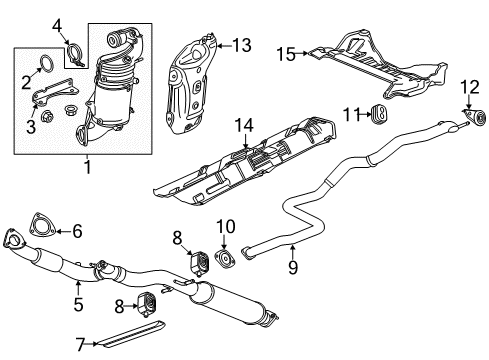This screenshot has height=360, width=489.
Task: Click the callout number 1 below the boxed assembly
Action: coord(86,167)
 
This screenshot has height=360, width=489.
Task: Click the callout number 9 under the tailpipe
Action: coord(292,267)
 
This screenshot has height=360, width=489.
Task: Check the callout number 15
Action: coord(285,54)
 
